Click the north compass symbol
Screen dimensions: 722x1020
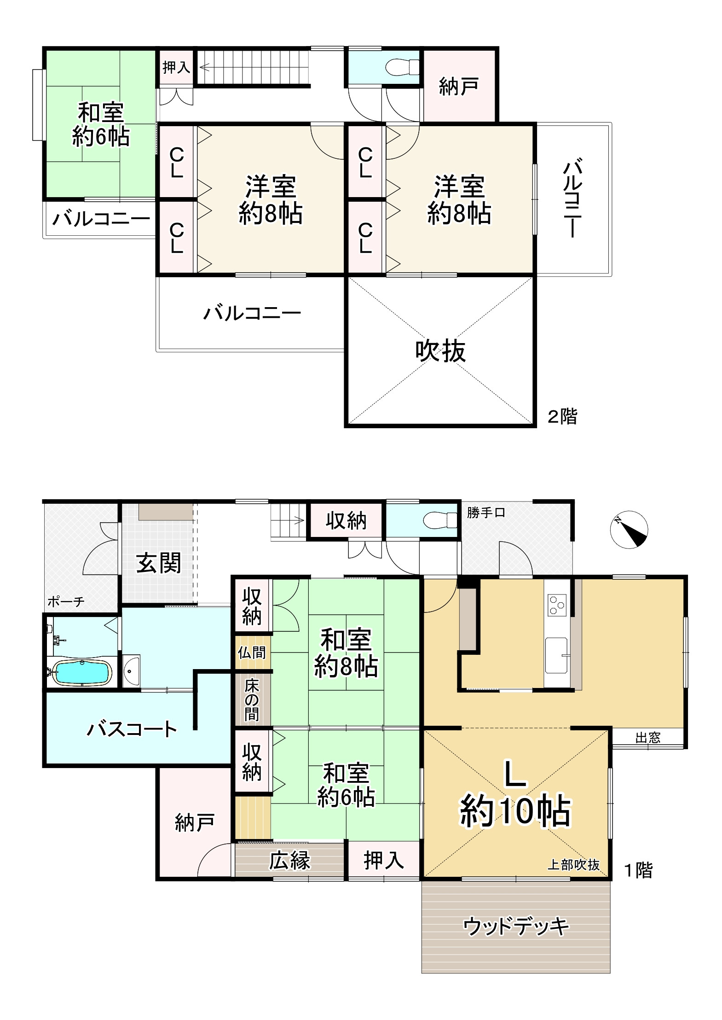pyautogui.click(x=629, y=530)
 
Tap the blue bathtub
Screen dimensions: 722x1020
pyautogui.click(x=81, y=673)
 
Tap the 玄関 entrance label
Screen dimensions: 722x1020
pyautogui.click(x=159, y=563)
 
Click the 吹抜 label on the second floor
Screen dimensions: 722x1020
pyautogui.click(x=440, y=351)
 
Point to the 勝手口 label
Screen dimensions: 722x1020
pyautogui.click(x=486, y=513)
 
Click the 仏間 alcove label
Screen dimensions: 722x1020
pyautogui.click(x=252, y=652)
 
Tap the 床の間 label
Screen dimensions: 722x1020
pyautogui.click(x=252, y=700)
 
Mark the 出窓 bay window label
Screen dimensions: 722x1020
pyautogui.click(x=648, y=738)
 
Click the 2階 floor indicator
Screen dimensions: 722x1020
pyautogui.click(x=562, y=416)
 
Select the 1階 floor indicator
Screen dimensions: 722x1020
pyautogui.click(x=638, y=870)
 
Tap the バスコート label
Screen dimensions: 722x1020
pyautogui.click(x=132, y=729)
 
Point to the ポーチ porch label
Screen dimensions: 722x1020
pyautogui.click(x=66, y=602)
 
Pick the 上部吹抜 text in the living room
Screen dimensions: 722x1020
pyautogui.click(x=573, y=865)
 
